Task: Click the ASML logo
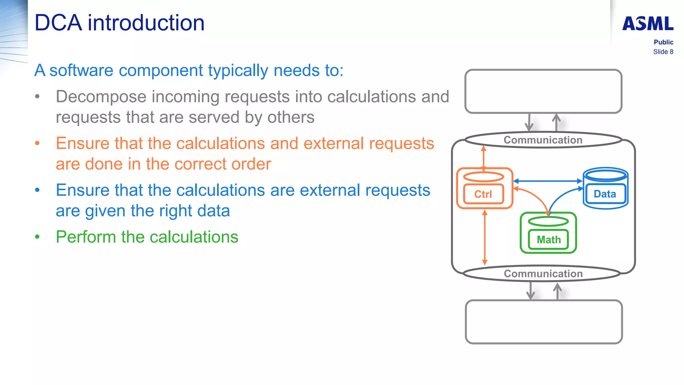[648, 24]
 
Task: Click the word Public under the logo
[663, 42]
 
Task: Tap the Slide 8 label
[663, 52]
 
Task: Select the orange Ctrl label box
[483, 194]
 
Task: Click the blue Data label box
[605, 194]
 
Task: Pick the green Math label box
[548, 240]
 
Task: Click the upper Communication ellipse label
[543, 140]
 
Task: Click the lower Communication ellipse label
[543, 274]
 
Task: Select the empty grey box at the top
[543, 91]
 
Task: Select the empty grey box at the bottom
[544, 322]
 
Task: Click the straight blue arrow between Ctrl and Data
[548, 181]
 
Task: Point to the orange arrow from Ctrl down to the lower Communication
[485, 237]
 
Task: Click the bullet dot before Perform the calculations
[37, 237]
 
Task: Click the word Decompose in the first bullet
[101, 97]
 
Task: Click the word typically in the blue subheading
[238, 71]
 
